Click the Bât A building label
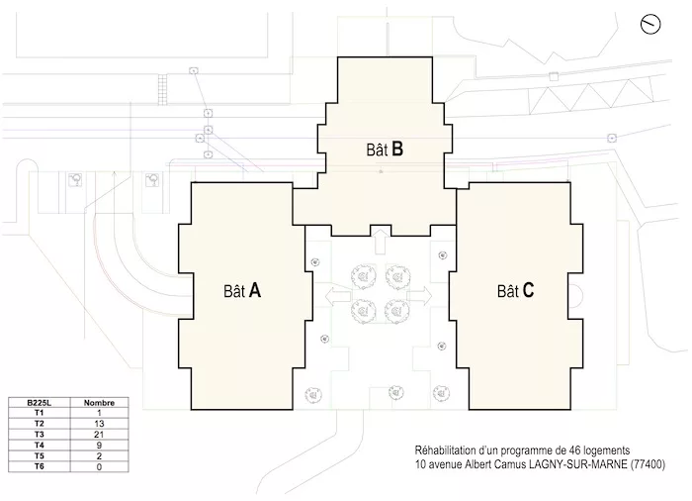(242, 291)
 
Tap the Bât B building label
(385, 150)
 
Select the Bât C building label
(515, 291)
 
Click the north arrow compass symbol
(650, 24)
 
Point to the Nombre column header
(99, 403)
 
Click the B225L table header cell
(40, 403)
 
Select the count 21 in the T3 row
(99, 435)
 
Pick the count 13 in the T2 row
(99, 424)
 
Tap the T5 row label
(40, 455)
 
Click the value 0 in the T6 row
(99, 466)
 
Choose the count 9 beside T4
(99, 445)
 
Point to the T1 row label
(40, 413)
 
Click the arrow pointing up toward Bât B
(381, 241)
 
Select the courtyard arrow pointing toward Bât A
(338, 296)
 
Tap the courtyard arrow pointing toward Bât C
(419, 296)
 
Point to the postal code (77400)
(648, 464)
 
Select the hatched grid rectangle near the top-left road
(163, 89)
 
